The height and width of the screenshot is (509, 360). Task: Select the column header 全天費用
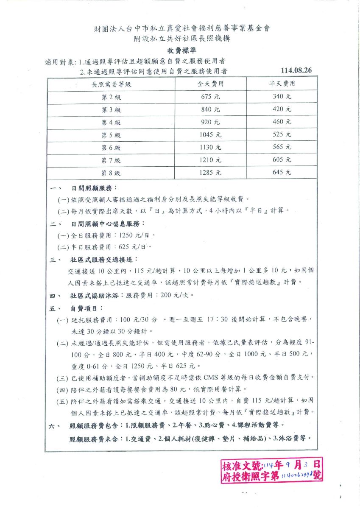pos(211,84)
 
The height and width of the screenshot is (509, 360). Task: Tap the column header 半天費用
pos(282,84)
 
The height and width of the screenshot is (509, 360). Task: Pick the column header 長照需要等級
pos(111,84)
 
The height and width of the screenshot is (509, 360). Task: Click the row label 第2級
pos(111,97)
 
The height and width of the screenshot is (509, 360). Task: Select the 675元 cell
pos(211,97)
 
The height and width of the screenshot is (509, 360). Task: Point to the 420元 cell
pos(282,109)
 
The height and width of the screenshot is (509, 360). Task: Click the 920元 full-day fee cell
pos(211,123)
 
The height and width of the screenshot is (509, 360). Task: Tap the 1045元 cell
pos(211,135)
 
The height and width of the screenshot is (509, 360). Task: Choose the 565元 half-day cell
pos(282,148)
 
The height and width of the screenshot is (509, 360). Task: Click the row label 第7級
pos(111,160)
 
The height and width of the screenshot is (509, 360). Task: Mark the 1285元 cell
pos(211,173)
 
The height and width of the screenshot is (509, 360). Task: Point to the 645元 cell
pos(282,173)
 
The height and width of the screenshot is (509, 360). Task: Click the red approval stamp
pos(271,469)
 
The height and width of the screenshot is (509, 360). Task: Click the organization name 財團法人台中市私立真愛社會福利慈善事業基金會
pos(182,29)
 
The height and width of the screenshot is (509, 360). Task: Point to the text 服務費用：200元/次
pos(160,295)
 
